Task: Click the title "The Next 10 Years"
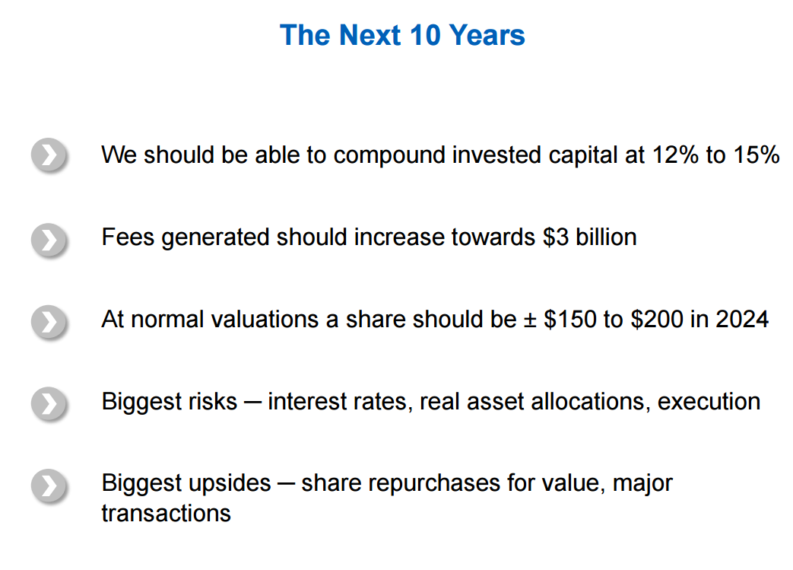point(402,35)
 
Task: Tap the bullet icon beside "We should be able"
point(49,154)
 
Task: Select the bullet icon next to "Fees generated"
point(49,240)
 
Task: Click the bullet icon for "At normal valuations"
point(49,321)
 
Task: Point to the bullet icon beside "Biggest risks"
point(49,403)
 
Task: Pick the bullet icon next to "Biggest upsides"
point(49,486)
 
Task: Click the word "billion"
point(606,237)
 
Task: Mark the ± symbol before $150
point(529,320)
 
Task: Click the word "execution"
point(709,402)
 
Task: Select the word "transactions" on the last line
point(167,513)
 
